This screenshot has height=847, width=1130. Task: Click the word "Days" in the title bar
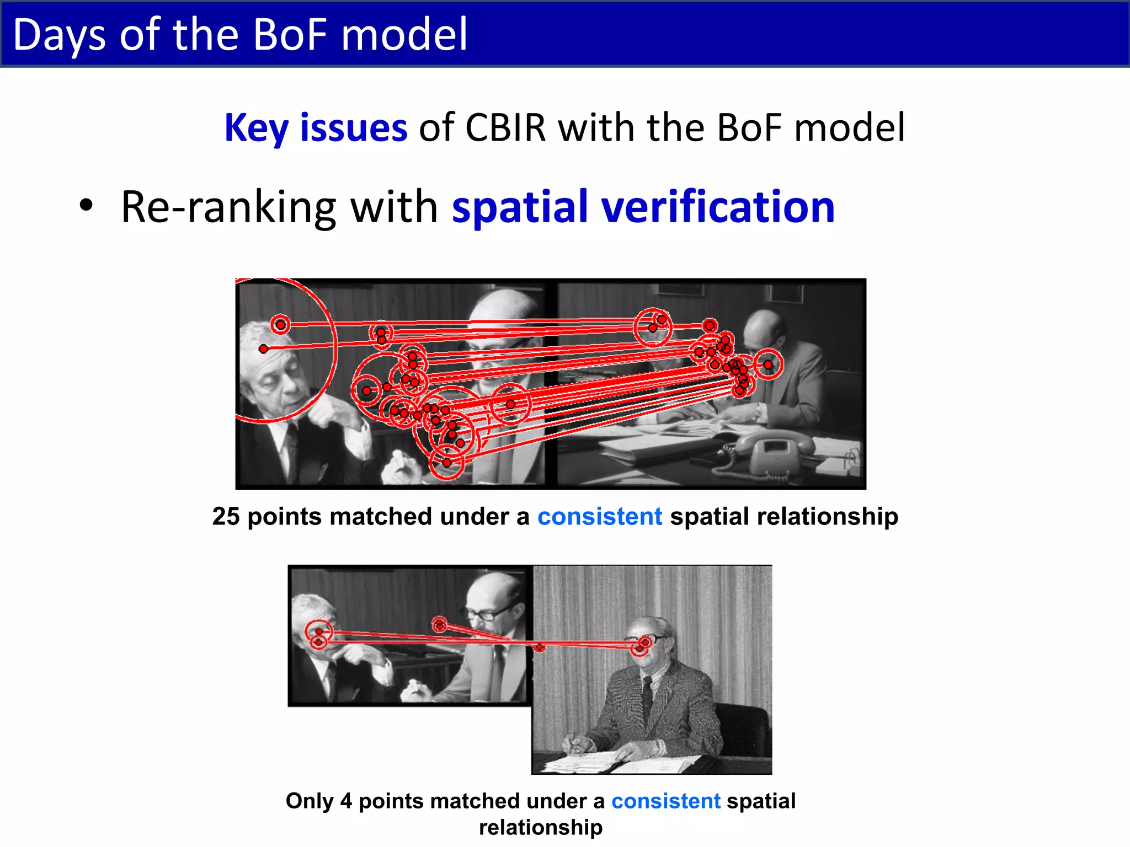[58, 35]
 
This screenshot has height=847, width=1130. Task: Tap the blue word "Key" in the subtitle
[257, 128]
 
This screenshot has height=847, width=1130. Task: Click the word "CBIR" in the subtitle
[505, 128]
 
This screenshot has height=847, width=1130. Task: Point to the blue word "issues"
[354, 128]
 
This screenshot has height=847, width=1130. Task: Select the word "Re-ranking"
[228, 208]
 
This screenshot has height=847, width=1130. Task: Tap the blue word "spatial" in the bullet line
[520, 208]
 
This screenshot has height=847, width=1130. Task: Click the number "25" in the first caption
[226, 517]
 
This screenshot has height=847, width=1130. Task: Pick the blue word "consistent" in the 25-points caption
[600, 517]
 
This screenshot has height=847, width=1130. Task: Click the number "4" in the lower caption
[346, 801]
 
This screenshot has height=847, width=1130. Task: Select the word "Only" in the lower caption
[310, 801]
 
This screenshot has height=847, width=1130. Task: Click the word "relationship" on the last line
[541, 827]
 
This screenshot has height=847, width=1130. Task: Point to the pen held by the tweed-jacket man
[572, 742]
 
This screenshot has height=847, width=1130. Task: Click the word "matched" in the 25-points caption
[380, 517]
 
